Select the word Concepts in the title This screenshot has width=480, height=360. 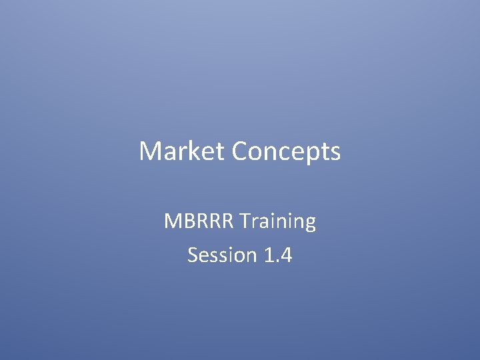point(287,152)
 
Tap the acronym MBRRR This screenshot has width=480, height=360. point(200,221)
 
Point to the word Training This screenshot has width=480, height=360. point(279,221)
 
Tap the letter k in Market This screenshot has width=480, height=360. point(194,152)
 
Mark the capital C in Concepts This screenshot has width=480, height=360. point(241,152)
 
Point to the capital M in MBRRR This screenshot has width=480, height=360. point(173,221)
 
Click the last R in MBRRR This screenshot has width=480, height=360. point(229,221)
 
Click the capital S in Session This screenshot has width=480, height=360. point(193,255)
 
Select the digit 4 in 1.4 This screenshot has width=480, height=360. point(285,255)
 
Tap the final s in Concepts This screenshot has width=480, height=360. point(335,153)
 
